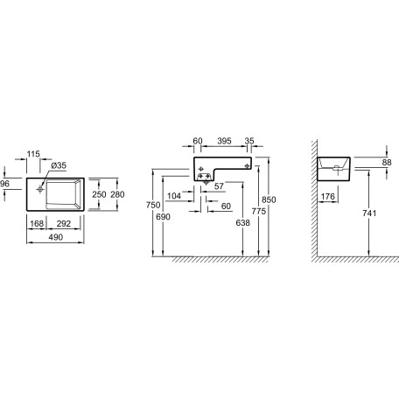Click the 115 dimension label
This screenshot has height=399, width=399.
pos(33,154)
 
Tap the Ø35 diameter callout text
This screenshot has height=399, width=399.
pos(59,165)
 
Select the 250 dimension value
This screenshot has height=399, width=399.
pos(99,194)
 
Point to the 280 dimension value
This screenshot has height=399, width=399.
pos(117,194)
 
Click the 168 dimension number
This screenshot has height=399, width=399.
pos(37,224)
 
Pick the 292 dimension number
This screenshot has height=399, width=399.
pos(64,224)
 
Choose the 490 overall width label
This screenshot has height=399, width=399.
pos(55,237)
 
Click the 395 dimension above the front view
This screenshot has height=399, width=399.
pos(224,141)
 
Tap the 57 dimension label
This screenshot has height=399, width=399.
pos(219,186)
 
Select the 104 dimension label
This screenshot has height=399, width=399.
pos(174,196)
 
